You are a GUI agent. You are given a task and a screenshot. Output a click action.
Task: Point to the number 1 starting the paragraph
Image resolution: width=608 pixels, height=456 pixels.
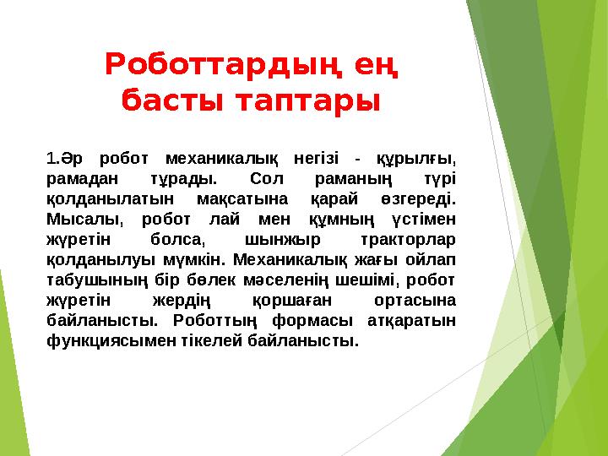[51, 157]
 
